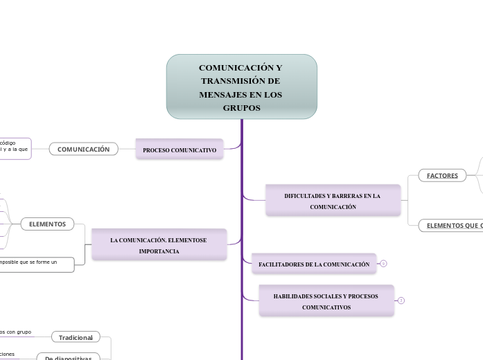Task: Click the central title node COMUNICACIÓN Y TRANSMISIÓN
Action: click(x=241, y=87)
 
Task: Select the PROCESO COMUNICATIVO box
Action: click(x=179, y=150)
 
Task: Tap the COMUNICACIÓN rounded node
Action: click(x=83, y=149)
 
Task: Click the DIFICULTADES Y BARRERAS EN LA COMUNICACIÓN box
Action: click(x=333, y=201)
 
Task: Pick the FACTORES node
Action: click(x=442, y=176)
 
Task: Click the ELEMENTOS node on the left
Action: click(x=48, y=224)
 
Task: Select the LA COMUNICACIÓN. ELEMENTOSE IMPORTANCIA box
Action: click(x=159, y=245)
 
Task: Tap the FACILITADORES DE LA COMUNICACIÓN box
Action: click(x=314, y=264)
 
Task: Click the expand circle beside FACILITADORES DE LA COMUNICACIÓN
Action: click(x=383, y=264)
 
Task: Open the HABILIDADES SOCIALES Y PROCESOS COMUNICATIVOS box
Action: click(x=326, y=301)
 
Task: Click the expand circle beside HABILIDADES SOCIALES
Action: click(x=401, y=300)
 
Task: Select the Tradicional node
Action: click(x=76, y=337)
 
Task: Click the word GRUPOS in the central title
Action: click(x=241, y=108)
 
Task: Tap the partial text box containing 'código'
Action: click(x=15, y=148)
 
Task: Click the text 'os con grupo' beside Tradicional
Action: click(x=15, y=332)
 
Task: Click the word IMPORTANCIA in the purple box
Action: click(x=159, y=251)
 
